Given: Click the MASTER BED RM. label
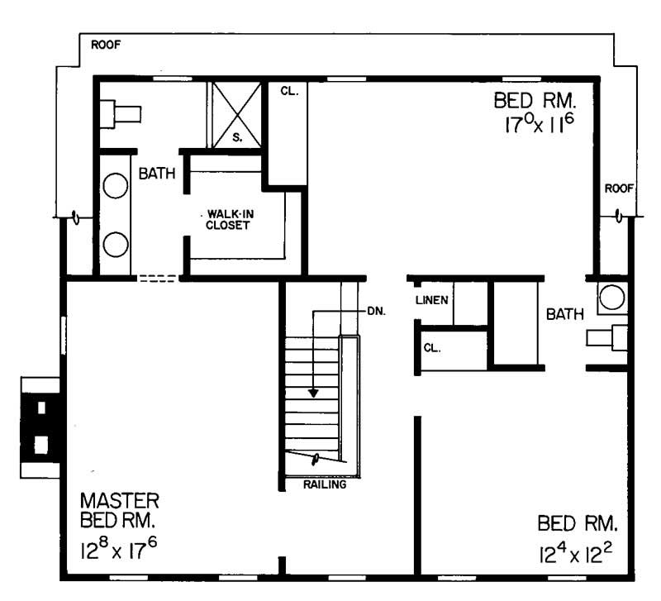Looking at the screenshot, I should point(120,512).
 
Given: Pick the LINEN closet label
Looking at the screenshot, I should point(432,299).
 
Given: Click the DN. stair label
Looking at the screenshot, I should point(377,312).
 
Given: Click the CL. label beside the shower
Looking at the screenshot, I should point(288,92).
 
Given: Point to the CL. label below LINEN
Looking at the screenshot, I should point(432,348).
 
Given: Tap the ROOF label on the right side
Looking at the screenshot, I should point(619,188).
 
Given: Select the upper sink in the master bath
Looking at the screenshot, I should point(115,186).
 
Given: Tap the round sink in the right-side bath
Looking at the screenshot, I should point(611,298).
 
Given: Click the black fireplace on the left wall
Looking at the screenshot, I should point(40,427).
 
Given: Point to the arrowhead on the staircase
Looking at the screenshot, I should point(313,393).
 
